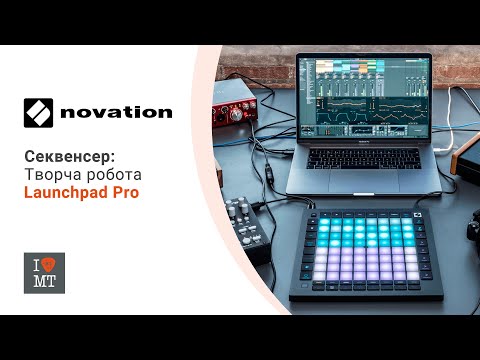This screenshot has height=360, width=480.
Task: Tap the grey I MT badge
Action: click(44, 272)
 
